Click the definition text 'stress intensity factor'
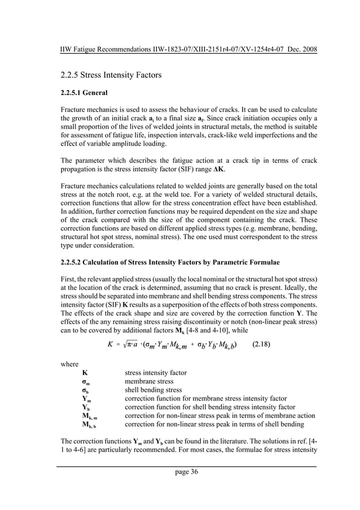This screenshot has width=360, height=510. [x=156, y=373]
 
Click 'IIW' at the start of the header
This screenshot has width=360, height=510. [x=68, y=49]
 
